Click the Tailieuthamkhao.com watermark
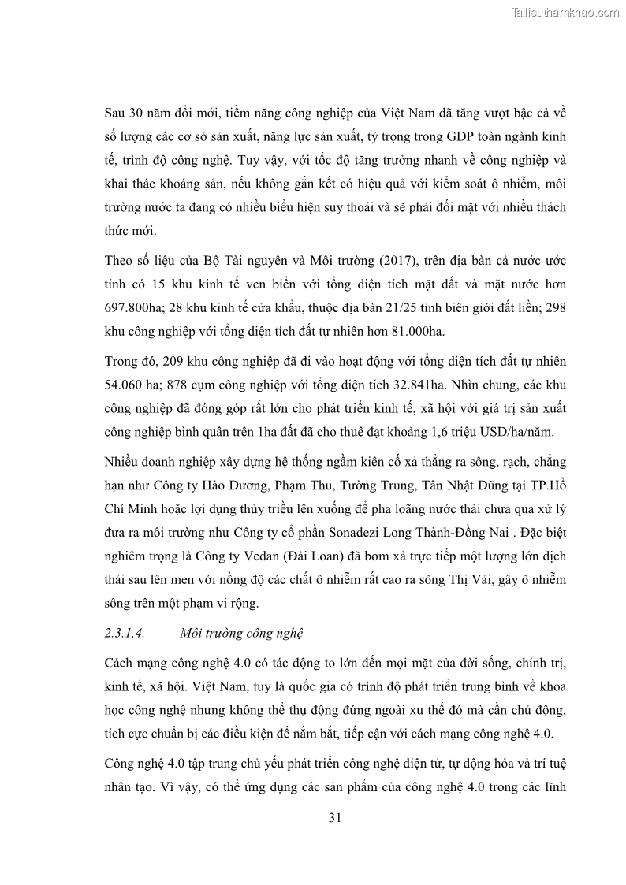[x=565, y=13]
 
